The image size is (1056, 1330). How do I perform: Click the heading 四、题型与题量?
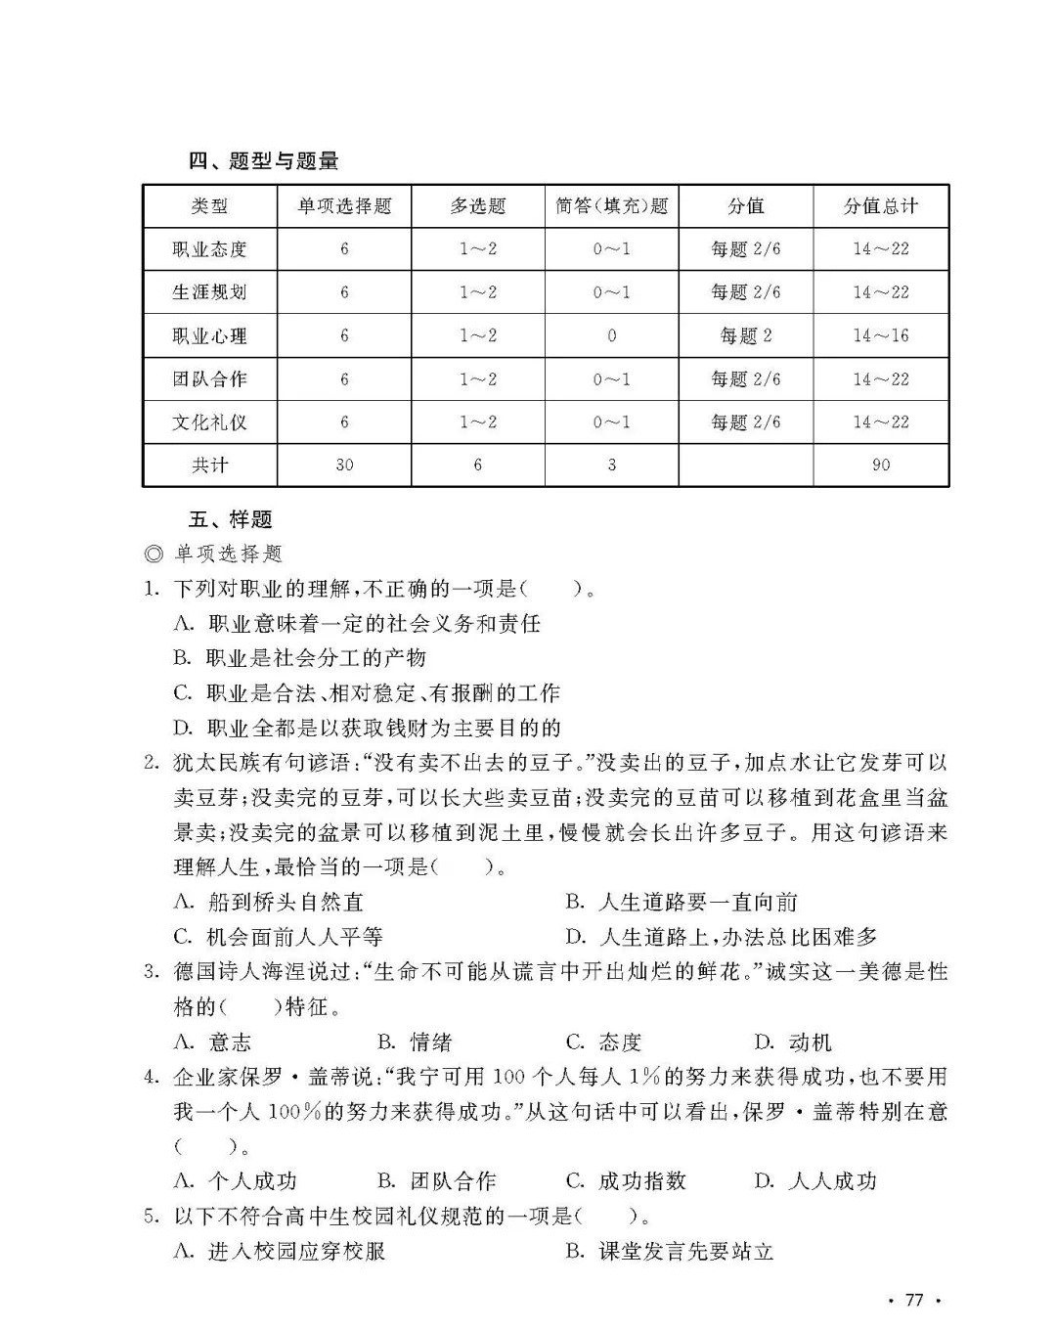click(263, 161)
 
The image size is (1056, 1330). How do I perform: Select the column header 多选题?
click(477, 206)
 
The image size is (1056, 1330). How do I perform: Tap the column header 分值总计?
click(880, 206)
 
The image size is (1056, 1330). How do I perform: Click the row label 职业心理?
click(209, 335)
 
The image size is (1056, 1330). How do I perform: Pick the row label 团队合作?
click(209, 378)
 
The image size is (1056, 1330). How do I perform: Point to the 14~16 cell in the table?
click(880, 335)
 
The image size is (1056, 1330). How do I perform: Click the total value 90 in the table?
click(880, 465)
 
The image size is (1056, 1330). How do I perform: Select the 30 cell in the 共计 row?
click(344, 465)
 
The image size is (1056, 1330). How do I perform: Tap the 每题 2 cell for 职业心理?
click(745, 335)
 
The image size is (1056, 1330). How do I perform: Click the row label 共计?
click(209, 465)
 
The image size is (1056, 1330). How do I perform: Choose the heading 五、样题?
click(230, 519)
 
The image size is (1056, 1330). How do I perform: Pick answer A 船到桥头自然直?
click(269, 902)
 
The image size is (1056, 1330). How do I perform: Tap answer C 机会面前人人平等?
click(279, 937)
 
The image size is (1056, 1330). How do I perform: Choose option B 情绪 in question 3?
click(415, 1042)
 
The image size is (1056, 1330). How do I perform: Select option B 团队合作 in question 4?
click(436, 1181)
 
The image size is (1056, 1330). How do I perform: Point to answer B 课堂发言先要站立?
click(670, 1251)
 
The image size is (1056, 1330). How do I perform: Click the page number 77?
click(914, 1300)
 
